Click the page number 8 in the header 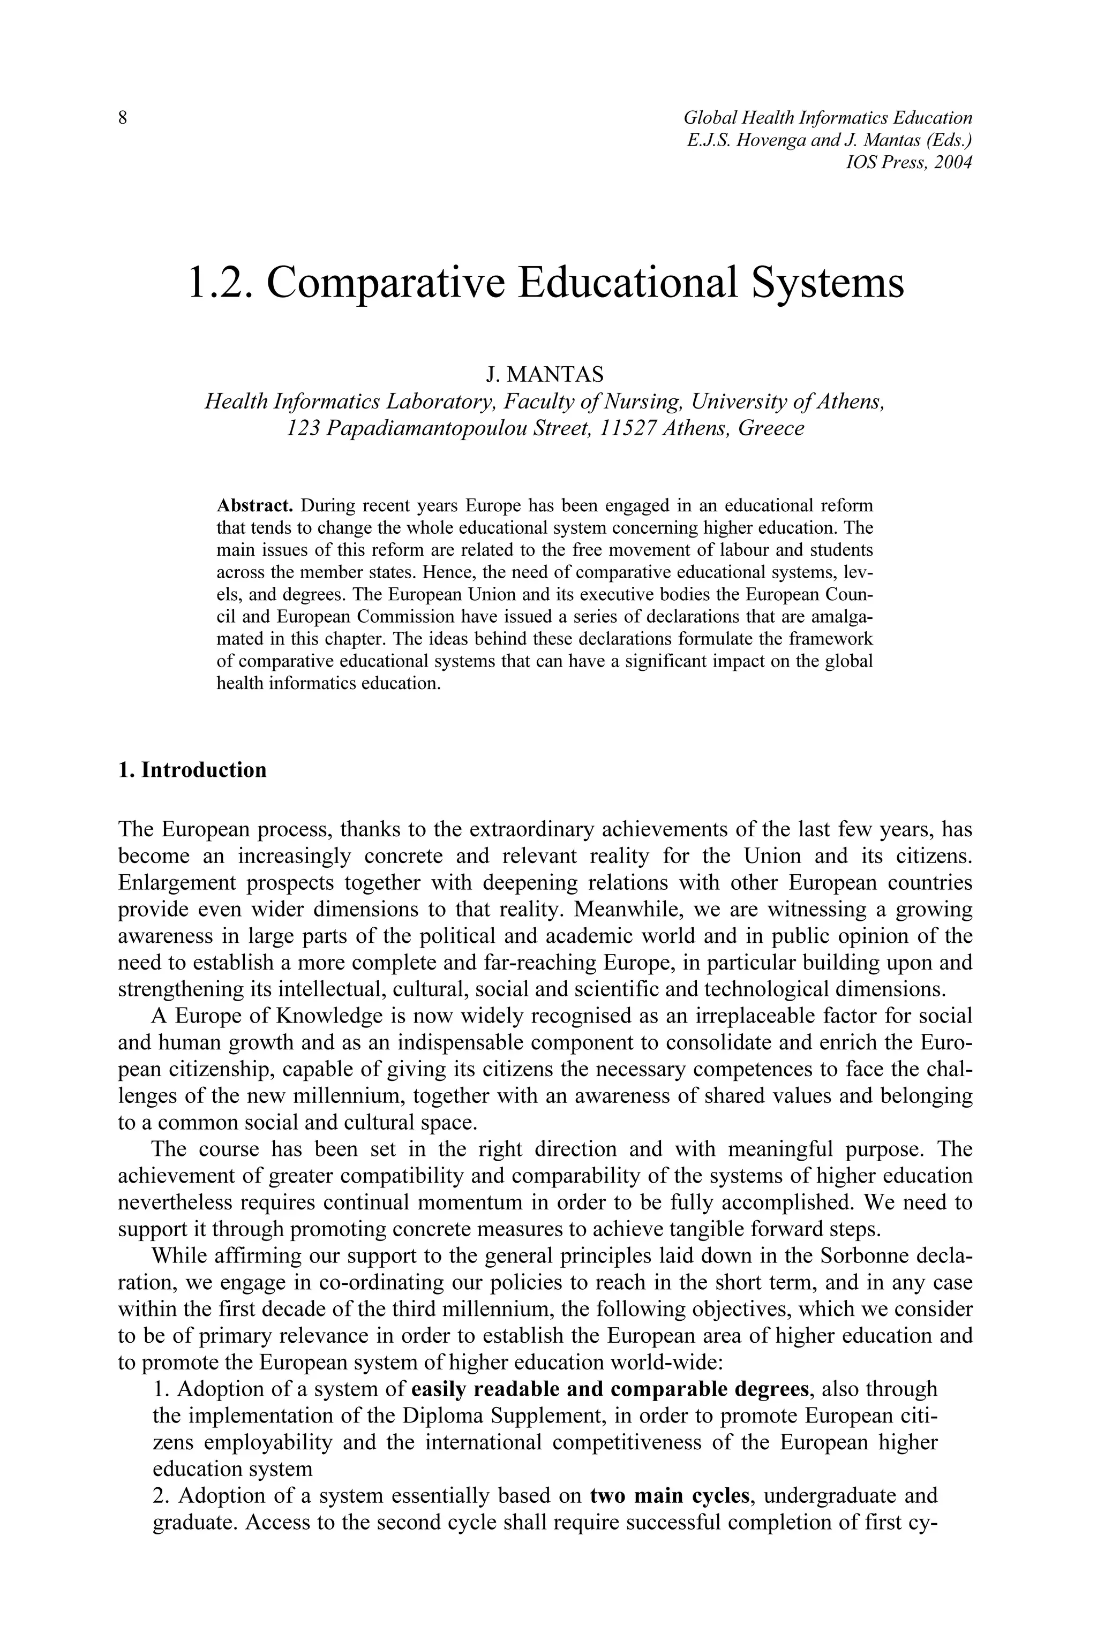tap(123, 118)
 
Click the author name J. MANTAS tap(544, 375)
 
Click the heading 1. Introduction tap(192, 770)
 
